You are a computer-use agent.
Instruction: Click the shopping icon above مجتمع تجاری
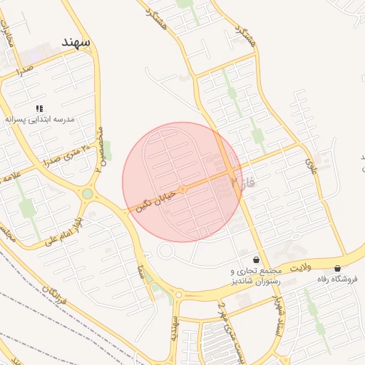pyautogui.click(x=256, y=260)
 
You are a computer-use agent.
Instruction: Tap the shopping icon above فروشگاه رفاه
pyautogui.click(x=337, y=268)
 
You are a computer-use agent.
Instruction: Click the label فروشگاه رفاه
pyautogui.click(x=339, y=279)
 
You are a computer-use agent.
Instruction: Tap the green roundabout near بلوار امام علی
pyautogui.click(x=88, y=193)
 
